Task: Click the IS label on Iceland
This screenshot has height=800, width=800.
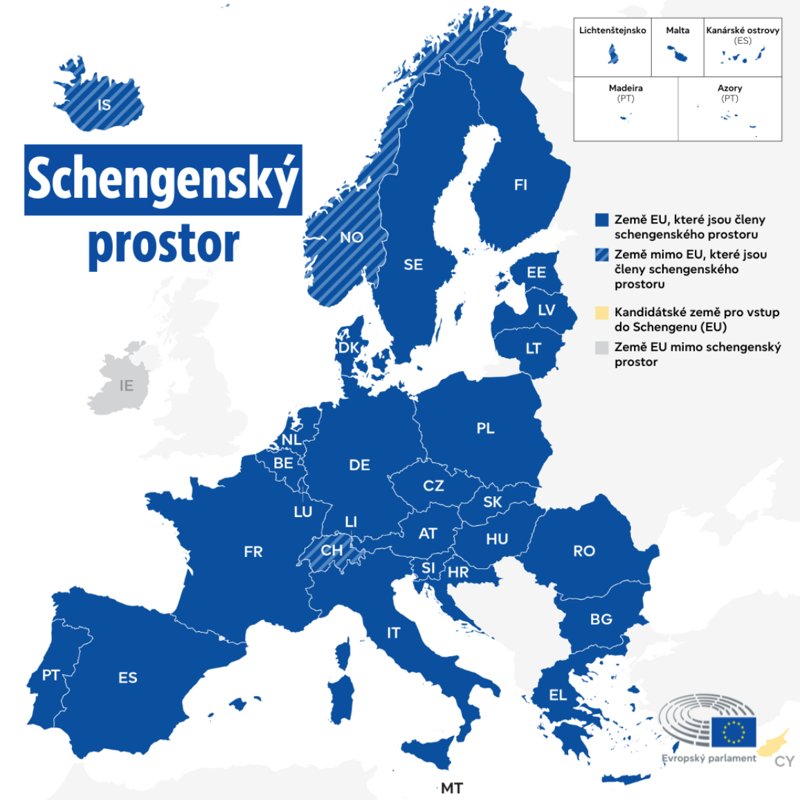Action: [104, 105]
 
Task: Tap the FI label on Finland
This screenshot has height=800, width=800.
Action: [520, 185]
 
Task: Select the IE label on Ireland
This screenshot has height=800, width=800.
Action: [126, 385]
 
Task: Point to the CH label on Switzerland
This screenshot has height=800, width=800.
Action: [331, 550]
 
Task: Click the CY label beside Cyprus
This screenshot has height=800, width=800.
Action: [784, 762]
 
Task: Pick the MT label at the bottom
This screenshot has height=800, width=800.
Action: [452, 788]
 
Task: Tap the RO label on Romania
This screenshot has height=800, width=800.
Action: [584, 551]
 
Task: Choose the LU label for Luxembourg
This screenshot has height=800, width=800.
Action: [303, 512]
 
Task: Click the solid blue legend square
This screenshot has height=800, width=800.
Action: [602, 220]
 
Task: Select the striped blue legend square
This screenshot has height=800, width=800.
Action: [602, 255]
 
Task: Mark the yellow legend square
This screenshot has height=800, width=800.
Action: [602, 313]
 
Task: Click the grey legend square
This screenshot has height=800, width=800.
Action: [602, 347]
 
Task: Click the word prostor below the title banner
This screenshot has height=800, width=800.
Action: [164, 244]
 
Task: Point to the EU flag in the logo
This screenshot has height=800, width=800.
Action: [734, 732]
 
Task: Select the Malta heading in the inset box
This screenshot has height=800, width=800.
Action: [678, 30]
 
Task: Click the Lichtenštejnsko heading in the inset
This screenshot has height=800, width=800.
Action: [612, 30]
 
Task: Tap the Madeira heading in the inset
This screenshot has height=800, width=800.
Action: [626, 88]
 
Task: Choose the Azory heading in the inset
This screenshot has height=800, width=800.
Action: [729, 88]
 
